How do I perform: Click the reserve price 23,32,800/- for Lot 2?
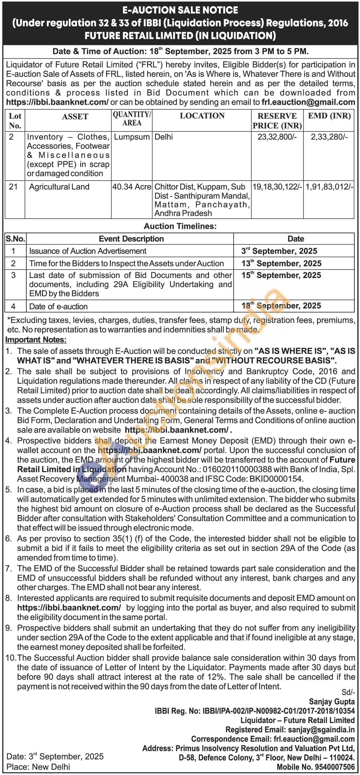point(277,137)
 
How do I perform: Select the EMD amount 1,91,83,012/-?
point(329,187)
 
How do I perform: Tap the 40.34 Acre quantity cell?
point(132,187)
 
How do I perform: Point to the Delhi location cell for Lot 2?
point(163,137)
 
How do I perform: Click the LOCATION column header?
point(202,116)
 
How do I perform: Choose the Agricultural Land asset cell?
point(59,187)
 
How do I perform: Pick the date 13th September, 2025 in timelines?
point(281,263)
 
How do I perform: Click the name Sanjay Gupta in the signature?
point(332,702)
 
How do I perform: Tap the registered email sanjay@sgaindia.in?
point(321,730)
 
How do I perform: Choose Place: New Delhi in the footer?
point(38,767)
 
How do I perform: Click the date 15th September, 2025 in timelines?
point(281,275)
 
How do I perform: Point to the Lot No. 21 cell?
point(13,187)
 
